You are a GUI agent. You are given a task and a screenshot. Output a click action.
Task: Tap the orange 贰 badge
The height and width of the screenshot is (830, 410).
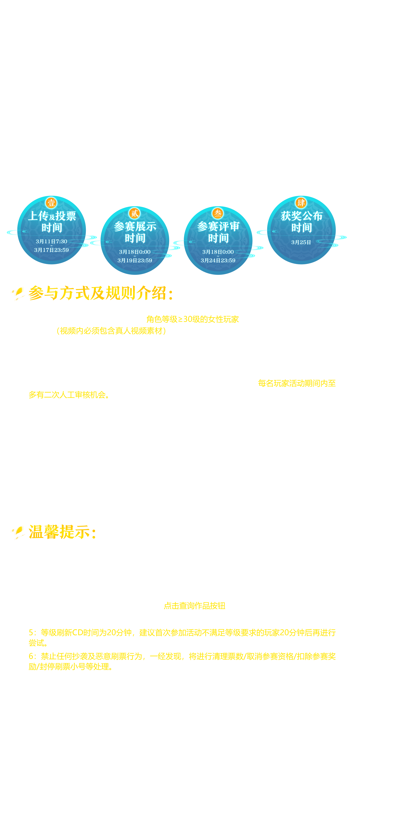click(x=134, y=213)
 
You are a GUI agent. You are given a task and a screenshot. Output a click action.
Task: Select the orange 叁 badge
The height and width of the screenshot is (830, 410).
click(x=218, y=213)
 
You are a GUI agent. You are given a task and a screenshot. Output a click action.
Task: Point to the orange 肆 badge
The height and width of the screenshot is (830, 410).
click(x=301, y=203)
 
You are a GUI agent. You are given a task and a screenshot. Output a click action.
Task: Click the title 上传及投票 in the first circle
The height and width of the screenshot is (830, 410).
click(x=52, y=216)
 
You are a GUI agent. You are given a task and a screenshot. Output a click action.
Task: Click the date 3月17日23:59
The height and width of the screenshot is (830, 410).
click(x=52, y=250)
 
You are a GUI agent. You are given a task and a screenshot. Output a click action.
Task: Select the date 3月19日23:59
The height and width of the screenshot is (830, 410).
click(x=135, y=260)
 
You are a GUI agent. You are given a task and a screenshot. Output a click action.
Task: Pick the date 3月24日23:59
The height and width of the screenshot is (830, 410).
click(x=218, y=260)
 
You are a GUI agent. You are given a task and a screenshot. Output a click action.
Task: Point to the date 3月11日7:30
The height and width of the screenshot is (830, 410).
click(x=52, y=241)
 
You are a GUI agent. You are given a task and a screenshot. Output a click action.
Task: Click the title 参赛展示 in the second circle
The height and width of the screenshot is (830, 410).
click(x=135, y=226)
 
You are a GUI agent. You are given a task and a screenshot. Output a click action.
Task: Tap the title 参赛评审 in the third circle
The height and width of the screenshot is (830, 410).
click(x=218, y=226)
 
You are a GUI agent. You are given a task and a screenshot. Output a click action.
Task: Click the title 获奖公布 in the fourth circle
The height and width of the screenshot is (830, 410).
click(x=302, y=216)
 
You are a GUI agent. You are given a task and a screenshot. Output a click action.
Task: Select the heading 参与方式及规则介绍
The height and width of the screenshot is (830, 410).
click(x=101, y=293)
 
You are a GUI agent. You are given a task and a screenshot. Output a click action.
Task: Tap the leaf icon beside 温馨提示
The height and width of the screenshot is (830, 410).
click(x=18, y=532)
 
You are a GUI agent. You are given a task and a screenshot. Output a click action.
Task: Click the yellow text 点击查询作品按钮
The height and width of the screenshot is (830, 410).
click(x=194, y=606)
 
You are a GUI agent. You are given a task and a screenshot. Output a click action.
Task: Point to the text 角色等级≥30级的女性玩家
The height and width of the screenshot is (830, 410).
click(x=192, y=319)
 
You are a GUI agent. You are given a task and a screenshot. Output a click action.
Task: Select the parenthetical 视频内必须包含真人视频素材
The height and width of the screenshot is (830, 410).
click(x=111, y=331)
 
